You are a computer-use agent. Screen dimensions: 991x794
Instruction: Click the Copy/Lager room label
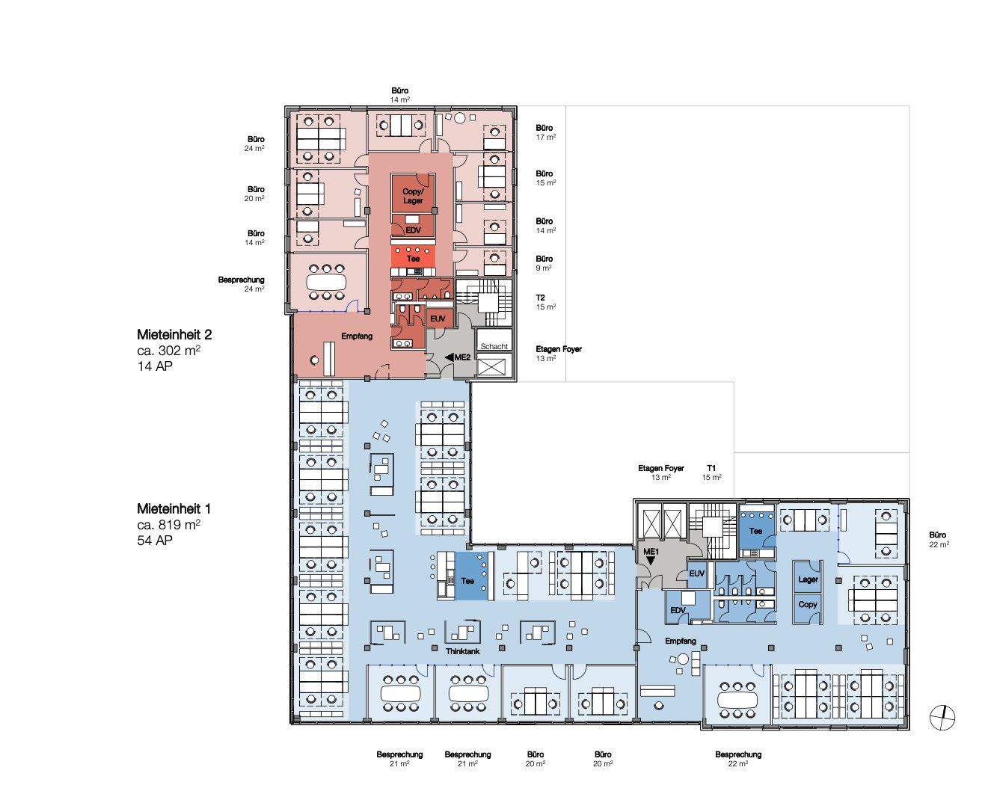[x=413, y=196]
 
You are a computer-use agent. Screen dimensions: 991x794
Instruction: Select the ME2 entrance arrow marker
[x=449, y=357]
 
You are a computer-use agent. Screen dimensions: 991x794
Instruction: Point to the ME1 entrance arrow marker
[x=650, y=561]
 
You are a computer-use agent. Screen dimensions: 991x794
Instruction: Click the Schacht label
[x=494, y=346]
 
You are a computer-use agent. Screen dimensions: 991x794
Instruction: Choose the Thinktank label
[x=462, y=651]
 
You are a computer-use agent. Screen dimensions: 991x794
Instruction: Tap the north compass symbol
[x=942, y=718]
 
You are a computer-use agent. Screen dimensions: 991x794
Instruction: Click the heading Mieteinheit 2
[x=174, y=335]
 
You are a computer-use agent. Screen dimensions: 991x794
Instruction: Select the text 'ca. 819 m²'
[x=168, y=525]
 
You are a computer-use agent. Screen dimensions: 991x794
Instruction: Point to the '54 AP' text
[x=155, y=541]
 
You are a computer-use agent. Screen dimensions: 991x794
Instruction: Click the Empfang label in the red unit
[x=357, y=336]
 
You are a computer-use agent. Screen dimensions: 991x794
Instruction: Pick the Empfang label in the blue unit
[x=680, y=641]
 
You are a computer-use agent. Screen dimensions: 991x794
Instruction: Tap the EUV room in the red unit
[x=438, y=318]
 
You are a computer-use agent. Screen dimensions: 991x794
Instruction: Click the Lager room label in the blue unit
[x=809, y=579]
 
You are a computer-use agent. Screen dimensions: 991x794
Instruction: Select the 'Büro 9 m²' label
[x=544, y=263]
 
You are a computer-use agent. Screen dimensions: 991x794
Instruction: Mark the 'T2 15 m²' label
[x=546, y=302]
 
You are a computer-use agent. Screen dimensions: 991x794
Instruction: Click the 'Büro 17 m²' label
[x=546, y=132]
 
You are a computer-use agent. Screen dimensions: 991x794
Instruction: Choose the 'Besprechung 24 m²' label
[x=242, y=284]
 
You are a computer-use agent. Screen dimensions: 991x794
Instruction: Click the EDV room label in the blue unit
[x=678, y=610]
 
